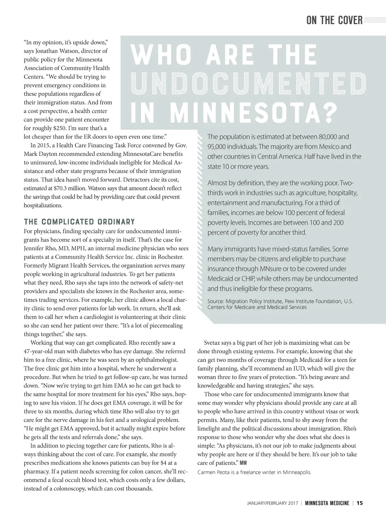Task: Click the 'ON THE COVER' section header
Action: tap(334, 20)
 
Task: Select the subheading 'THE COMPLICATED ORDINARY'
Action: tap(79, 222)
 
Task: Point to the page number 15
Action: tap(360, 503)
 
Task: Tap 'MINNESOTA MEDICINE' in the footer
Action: tap(327, 503)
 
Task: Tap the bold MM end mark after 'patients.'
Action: tap(243, 463)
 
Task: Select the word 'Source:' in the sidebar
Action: tap(215, 301)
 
